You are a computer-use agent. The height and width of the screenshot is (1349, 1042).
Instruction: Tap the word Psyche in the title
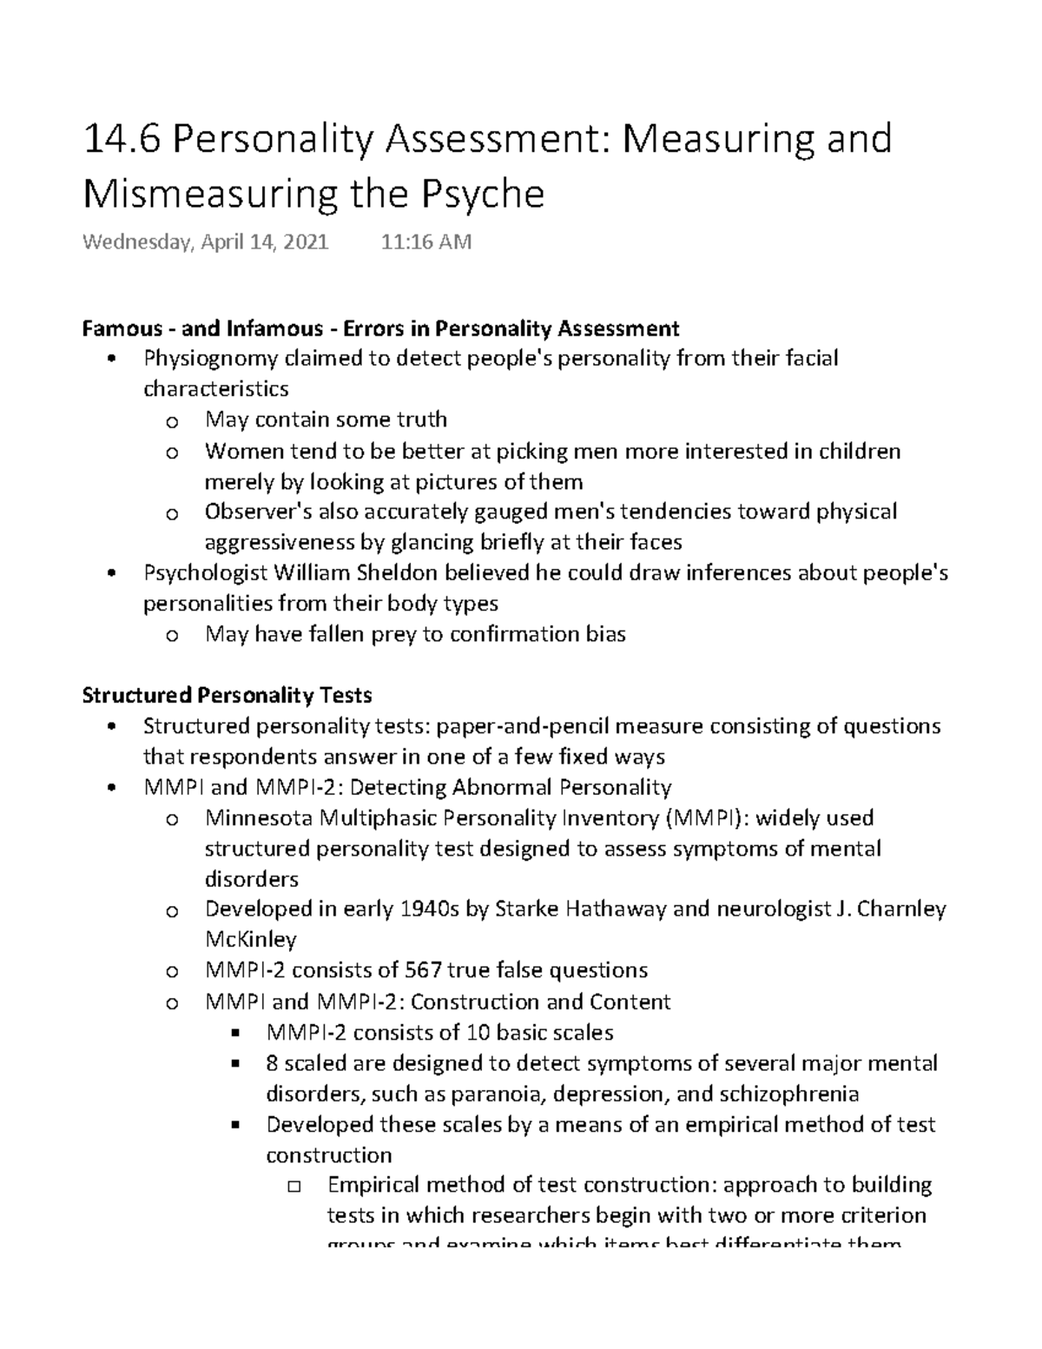pos(483,195)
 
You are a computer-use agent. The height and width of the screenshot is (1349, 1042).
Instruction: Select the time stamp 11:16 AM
pos(426,242)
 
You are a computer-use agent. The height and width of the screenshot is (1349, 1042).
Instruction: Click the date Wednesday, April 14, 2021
pos(206,242)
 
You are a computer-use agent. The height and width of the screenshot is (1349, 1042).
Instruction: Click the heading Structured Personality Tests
pos(227,696)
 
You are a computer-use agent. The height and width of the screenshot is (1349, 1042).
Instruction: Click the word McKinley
pos(250,940)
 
